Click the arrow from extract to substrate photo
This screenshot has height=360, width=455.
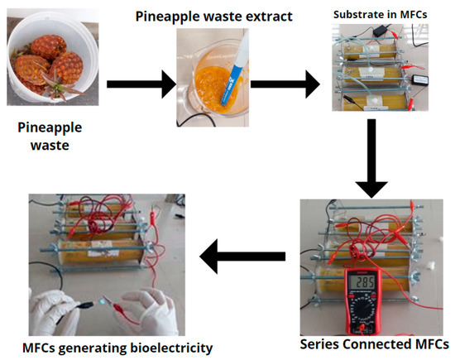[285, 83]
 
